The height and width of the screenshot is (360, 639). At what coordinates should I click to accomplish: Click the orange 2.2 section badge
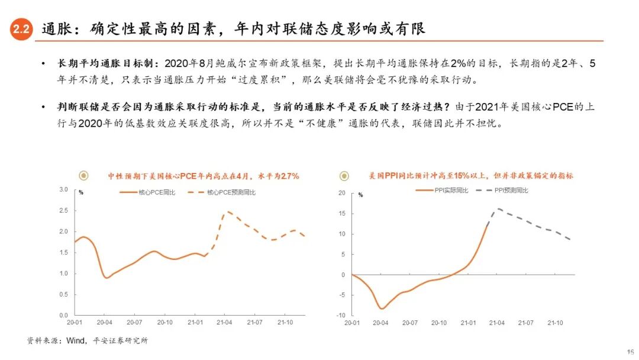tap(21, 30)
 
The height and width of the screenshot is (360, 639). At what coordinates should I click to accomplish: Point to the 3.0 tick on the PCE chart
tap(64, 189)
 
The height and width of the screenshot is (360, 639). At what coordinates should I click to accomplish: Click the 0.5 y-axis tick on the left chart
tap(64, 294)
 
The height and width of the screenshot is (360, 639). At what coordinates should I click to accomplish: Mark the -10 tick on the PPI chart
tap(340, 315)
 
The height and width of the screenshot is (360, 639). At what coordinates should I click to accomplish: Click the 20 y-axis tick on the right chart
tap(341, 193)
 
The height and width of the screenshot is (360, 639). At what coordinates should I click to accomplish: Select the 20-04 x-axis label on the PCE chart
tap(105, 323)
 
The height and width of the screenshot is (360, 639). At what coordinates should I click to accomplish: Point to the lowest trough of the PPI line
tap(381, 308)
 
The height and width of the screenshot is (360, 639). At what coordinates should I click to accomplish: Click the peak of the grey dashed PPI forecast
tap(498, 208)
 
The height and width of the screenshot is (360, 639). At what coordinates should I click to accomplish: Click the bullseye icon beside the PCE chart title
tap(83, 175)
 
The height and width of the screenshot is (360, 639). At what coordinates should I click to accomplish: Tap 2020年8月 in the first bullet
tap(182, 63)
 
